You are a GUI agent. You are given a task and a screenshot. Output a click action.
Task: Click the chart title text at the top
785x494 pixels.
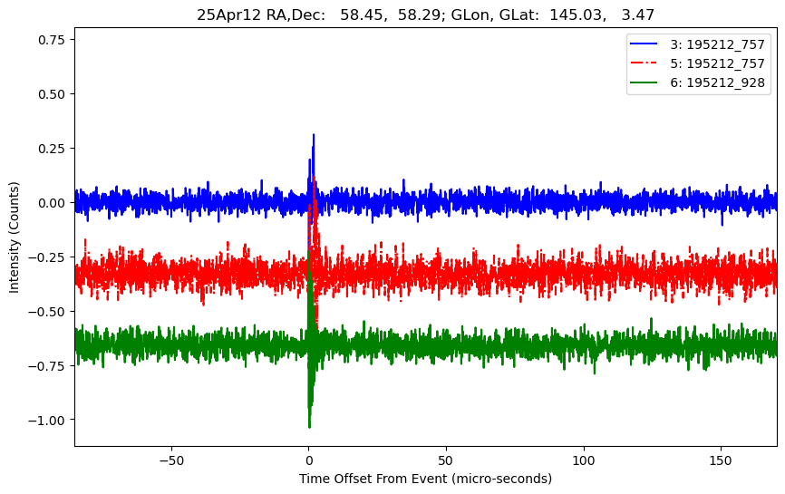(x=425, y=15)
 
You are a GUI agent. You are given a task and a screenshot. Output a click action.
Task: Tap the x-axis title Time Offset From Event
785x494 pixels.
(x=425, y=479)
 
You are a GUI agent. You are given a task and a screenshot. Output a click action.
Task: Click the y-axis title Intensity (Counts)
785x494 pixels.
(x=15, y=236)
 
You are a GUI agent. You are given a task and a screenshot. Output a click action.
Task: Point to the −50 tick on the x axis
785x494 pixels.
(x=170, y=459)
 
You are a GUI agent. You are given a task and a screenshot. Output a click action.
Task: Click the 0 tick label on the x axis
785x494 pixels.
(x=308, y=459)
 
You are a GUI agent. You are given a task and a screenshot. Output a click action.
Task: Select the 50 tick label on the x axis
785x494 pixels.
(x=446, y=459)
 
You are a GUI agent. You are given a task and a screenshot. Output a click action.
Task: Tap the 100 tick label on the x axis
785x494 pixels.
(x=584, y=459)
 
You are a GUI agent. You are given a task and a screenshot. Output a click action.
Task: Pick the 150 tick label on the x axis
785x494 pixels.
(x=721, y=459)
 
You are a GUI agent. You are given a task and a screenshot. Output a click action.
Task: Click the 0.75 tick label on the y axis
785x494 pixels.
(x=50, y=40)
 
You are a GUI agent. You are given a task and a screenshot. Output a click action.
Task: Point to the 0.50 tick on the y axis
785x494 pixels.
(x=50, y=94)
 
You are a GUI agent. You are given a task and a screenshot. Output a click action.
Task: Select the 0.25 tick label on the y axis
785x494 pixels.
(x=50, y=149)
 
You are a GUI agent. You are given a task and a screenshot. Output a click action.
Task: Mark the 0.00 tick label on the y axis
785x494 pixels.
(x=50, y=203)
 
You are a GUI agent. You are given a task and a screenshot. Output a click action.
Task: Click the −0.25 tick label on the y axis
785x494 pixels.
(x=46, y=257)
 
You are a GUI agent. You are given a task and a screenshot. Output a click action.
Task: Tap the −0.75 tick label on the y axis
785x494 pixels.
(x=46, y=365)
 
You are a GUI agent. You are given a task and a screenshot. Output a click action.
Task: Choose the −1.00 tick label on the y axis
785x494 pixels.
(x=46, y=420)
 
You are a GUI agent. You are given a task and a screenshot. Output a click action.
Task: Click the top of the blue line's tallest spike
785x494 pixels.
(x=314, y=135)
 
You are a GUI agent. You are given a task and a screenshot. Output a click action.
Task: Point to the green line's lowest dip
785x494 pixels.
(x=309, y=427)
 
